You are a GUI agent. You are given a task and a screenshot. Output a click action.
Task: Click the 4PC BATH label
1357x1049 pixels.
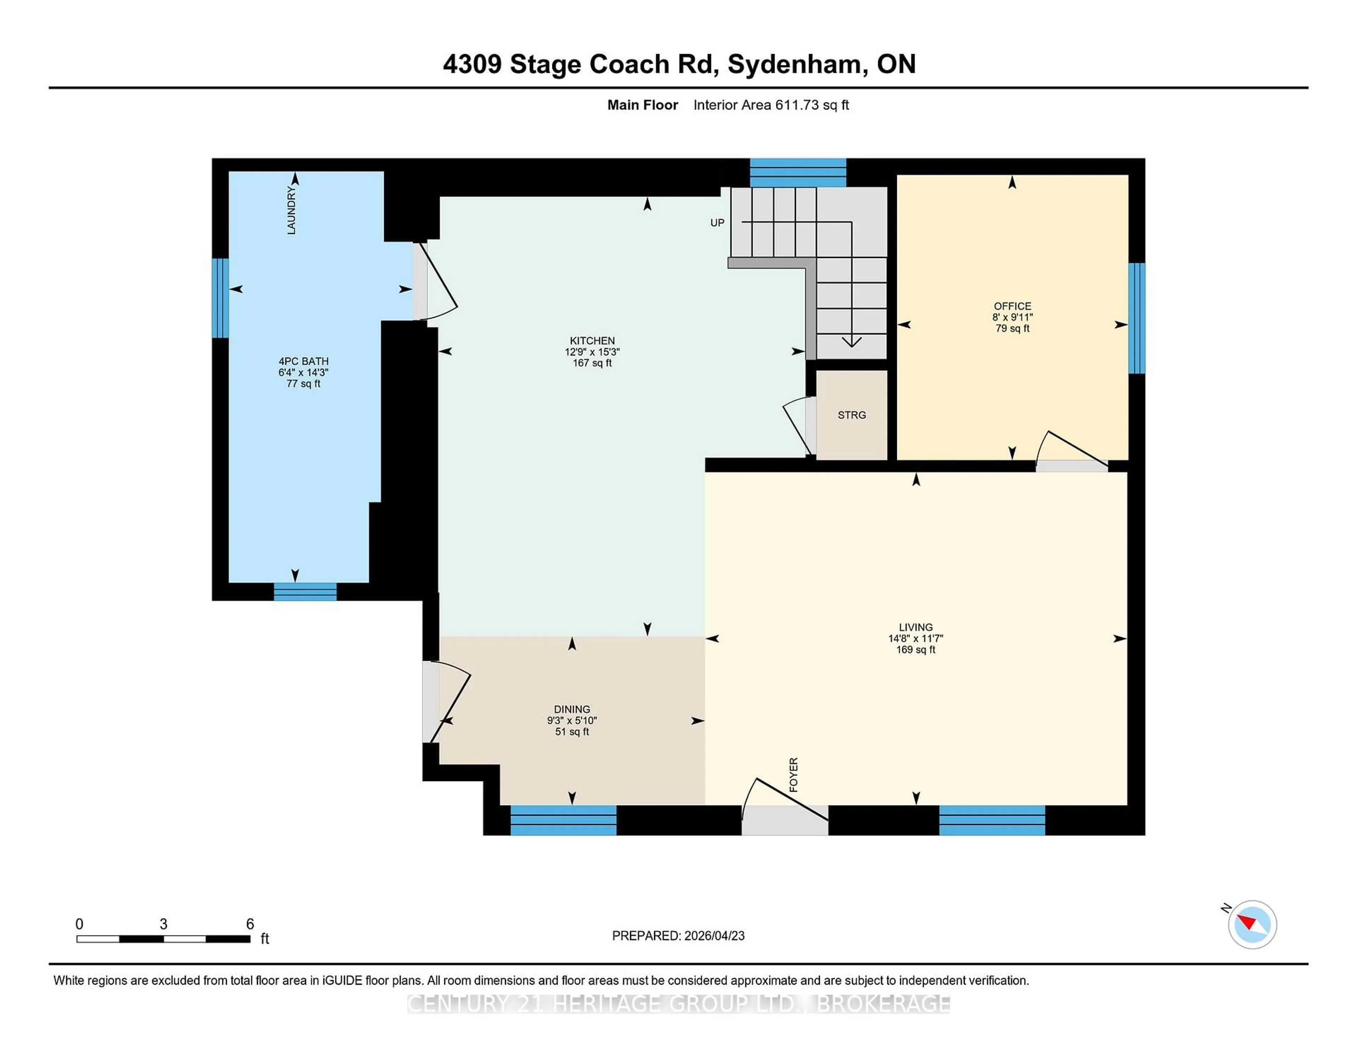point(303,361)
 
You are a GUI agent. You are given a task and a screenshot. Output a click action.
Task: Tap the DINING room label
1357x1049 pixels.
point(572,709)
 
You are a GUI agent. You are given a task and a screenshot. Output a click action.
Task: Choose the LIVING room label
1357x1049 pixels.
point(915,627)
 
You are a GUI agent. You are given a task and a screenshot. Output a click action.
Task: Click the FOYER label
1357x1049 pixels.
point(793,775)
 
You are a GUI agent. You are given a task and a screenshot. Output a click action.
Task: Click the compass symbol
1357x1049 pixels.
point(1252,925)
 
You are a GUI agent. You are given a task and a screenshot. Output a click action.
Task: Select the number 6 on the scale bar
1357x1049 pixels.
point(250,924)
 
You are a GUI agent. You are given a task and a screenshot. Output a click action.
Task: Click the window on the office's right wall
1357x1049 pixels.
point(1136,318)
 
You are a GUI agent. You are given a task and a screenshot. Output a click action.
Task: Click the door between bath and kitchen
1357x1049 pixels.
point(435,283)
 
